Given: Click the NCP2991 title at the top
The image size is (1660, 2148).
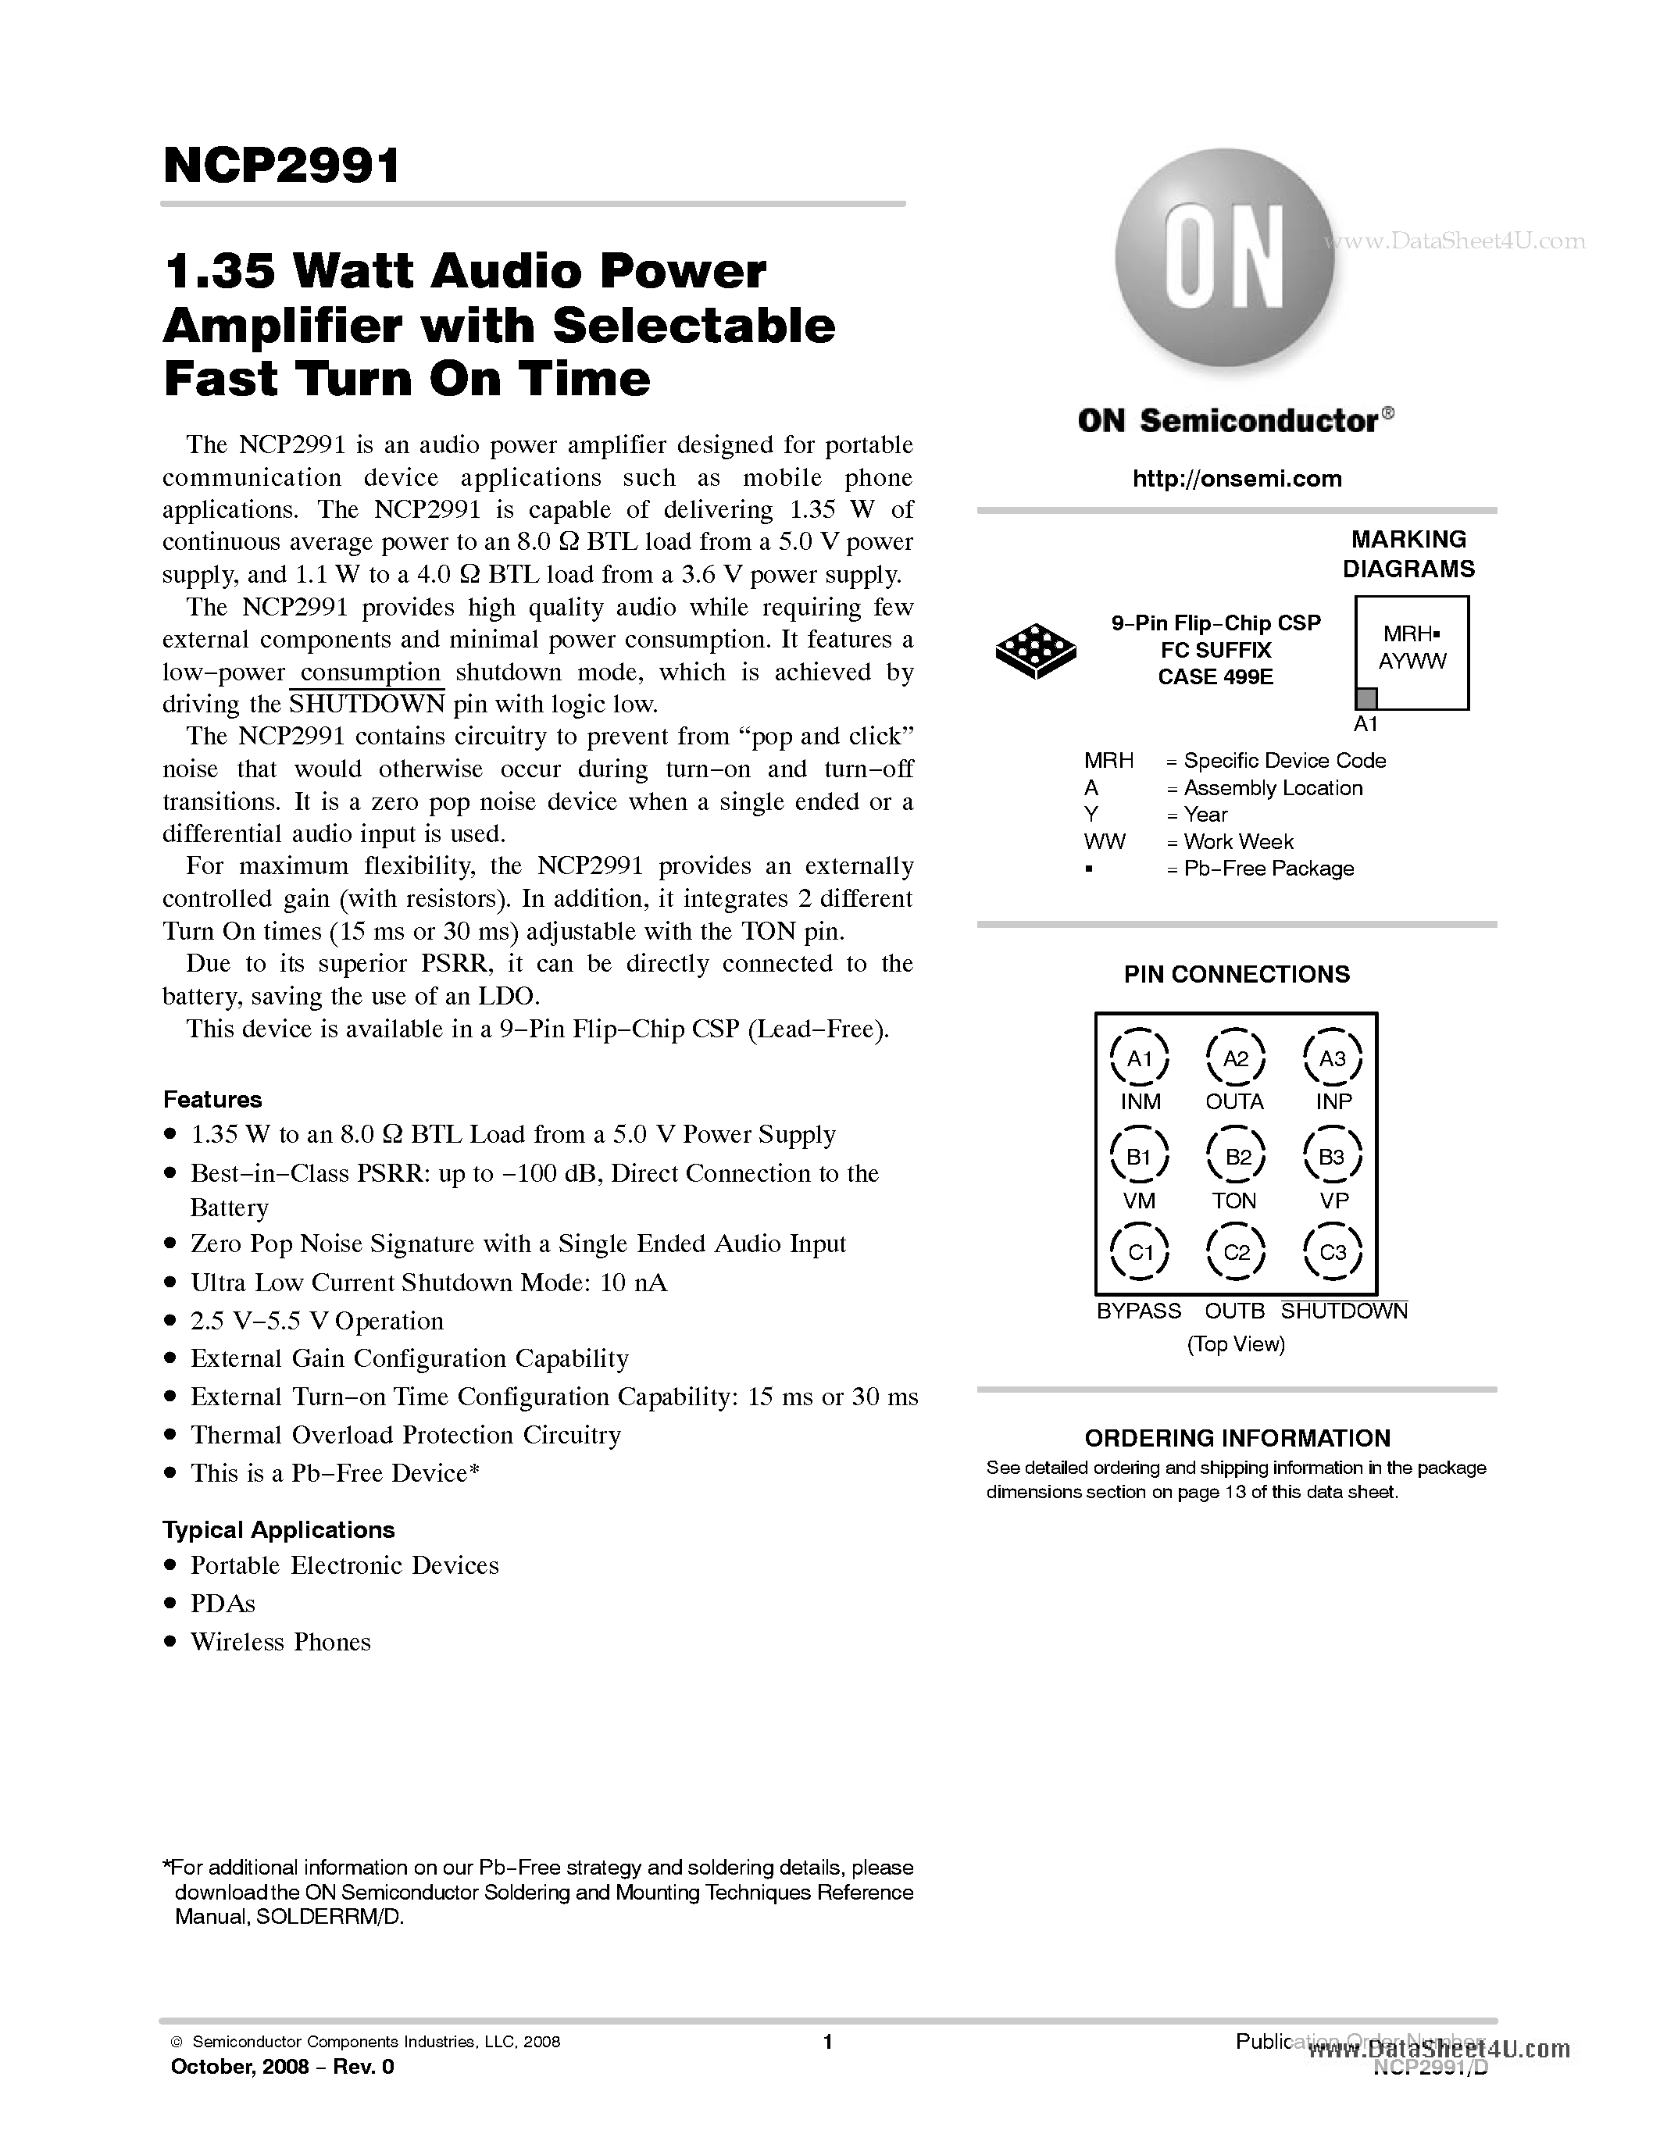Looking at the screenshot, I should [x=281, y=166].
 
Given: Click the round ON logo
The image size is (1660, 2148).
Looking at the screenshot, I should [x=1224, y=258].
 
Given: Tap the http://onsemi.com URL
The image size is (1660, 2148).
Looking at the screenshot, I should [x=1236, y=479].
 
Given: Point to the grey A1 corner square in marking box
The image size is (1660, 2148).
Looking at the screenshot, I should [x=1366, y=698].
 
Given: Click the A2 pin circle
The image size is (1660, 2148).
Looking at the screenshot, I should [x=1235, y=1059].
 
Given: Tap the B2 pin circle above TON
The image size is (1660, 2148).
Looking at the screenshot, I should [x=1235, y=1158].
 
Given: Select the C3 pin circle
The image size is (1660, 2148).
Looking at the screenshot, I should [x=1332, y=1252].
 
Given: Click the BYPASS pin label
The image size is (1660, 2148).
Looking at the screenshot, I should [x=1139, y=1311].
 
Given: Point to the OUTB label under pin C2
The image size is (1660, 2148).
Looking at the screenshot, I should [x=1234, y=1311].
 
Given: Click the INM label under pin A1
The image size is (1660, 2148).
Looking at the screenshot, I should [x=1140, y=1101].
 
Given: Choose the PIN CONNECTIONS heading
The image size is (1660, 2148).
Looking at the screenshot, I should [x=1236, y=975].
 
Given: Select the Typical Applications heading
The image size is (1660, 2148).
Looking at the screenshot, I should [x=278, y=1530].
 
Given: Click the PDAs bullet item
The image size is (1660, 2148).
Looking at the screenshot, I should [x=223, y=1604].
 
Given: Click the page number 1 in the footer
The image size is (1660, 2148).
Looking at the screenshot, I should [x=827, y=2042].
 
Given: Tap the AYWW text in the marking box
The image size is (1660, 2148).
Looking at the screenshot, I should [x=1412, y=662].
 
